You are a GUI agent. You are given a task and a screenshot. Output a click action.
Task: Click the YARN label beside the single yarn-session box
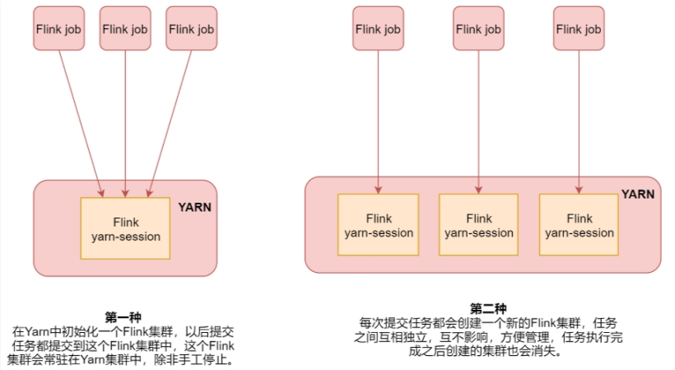(194, 207)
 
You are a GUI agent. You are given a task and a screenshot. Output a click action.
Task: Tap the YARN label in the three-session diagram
(638, 195)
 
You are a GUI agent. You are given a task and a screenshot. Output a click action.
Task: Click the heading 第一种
(123, 316)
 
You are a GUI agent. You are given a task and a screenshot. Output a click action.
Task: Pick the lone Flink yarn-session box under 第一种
(125, 229)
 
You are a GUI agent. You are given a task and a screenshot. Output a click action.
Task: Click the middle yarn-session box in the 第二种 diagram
(478, 225)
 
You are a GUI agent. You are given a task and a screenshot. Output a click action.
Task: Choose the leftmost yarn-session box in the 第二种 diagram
(379, 225)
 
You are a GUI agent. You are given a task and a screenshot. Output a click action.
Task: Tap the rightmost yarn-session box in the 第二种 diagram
(580, 225)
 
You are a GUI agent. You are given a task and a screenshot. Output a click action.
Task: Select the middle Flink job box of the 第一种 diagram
(125, 29)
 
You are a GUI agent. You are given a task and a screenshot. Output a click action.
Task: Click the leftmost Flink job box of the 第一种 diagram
(58, 29)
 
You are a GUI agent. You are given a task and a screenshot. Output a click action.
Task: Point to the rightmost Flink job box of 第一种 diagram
(191, 29)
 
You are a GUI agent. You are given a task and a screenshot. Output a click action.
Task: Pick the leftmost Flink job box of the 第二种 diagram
(379, 29)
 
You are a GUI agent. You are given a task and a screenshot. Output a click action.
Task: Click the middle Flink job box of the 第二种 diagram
(478, 29)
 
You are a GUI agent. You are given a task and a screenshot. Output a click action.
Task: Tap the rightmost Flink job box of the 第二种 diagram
(580, 29)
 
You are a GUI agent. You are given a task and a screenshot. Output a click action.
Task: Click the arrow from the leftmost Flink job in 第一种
(81, 124)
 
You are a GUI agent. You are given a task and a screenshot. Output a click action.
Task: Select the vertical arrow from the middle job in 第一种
(125, 124)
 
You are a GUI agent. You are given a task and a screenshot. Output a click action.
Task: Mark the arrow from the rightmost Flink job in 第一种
(170, 124)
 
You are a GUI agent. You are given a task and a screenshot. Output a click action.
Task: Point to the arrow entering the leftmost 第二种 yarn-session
(379, 124)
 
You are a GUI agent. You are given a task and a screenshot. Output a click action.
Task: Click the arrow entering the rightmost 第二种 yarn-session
(580, 124)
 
